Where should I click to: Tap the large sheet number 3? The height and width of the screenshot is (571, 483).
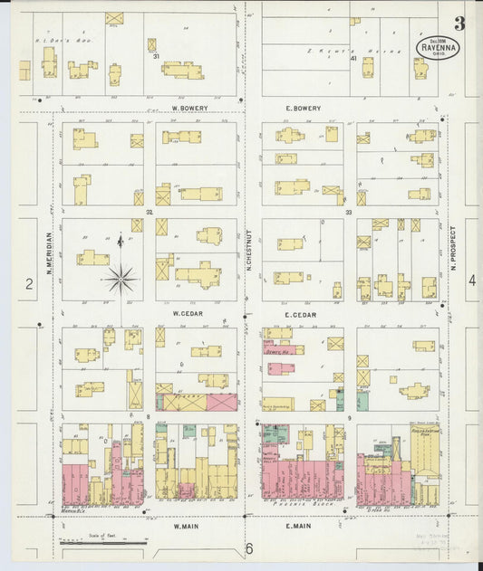460,24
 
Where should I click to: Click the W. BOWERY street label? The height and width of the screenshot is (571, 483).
189,108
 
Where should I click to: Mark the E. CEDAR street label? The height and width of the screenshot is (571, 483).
298,314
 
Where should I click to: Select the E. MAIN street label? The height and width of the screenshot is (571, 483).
300,524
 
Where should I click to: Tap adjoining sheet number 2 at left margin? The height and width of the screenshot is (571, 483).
29,284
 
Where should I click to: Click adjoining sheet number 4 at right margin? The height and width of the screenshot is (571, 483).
471,281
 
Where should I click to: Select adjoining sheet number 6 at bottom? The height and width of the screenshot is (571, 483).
246,548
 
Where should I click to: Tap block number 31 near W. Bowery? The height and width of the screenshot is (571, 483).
156,58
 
